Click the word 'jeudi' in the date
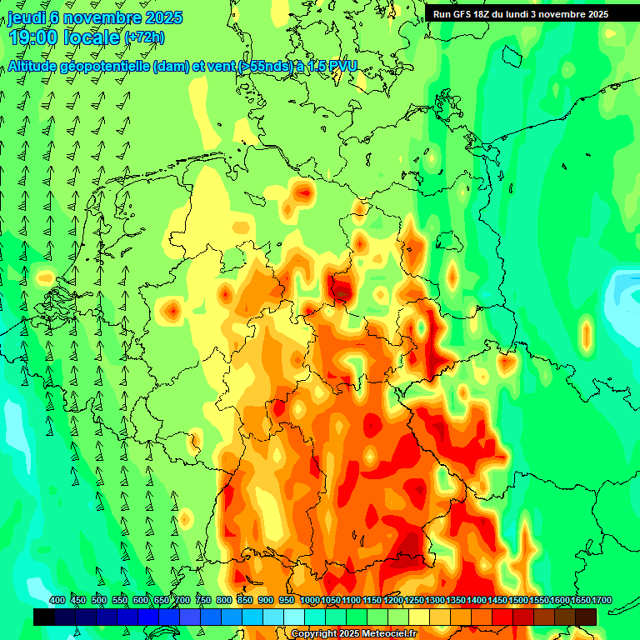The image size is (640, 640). tap(27, 17)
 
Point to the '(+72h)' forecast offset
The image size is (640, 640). tap(144, 37)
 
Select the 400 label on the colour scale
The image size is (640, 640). tap(57, 601)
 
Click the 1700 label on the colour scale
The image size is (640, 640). tap(578, 601)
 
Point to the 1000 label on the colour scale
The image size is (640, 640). tap(309, 601)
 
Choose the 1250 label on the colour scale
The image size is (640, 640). tap(413, 601)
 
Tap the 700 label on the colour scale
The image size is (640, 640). tap(182, 601)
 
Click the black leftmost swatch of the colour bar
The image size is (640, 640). tap(44, 617)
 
